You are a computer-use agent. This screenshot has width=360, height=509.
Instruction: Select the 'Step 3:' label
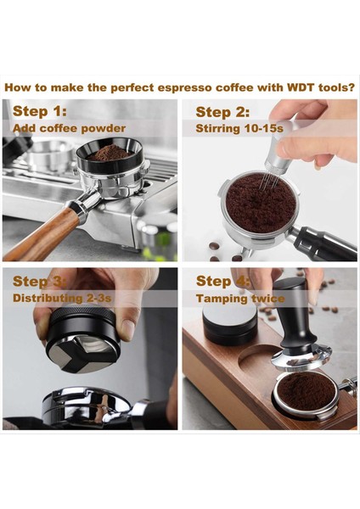click(x=41, y=281)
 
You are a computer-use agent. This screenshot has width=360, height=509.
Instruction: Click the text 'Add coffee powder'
click(x=69, y=128)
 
